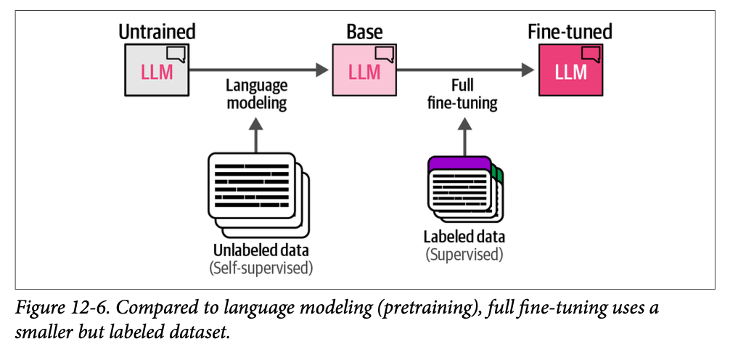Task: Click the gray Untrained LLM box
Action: (156, 70)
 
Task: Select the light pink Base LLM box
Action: (364, 70)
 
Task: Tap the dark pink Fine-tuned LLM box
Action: (570, 70)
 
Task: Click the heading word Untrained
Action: (157, 32)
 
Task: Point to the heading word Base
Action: (364, 32)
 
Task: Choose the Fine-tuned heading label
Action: (570, 32)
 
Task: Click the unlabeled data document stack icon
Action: (257, 184)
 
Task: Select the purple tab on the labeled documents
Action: (459, 163)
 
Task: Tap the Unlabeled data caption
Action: (260, 251)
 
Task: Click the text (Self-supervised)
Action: (261, 268)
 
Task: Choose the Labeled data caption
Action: (464, 237)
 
